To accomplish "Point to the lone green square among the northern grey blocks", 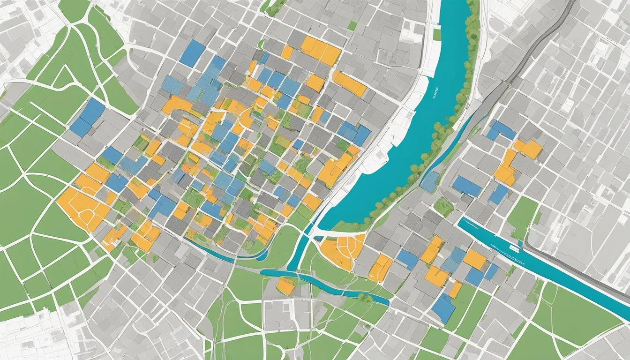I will (x=352, y=26).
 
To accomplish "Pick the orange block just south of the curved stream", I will (x=285, y=286).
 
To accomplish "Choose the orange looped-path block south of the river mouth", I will (x=343, y=251).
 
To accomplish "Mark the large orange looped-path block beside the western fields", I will (x=83, y=209).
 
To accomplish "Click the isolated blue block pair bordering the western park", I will (x=87, y=117).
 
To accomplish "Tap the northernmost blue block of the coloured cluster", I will (x=192, y=53).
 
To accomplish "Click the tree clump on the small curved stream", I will (x=364, y=298).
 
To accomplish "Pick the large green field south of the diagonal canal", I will (x=577, y=319).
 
